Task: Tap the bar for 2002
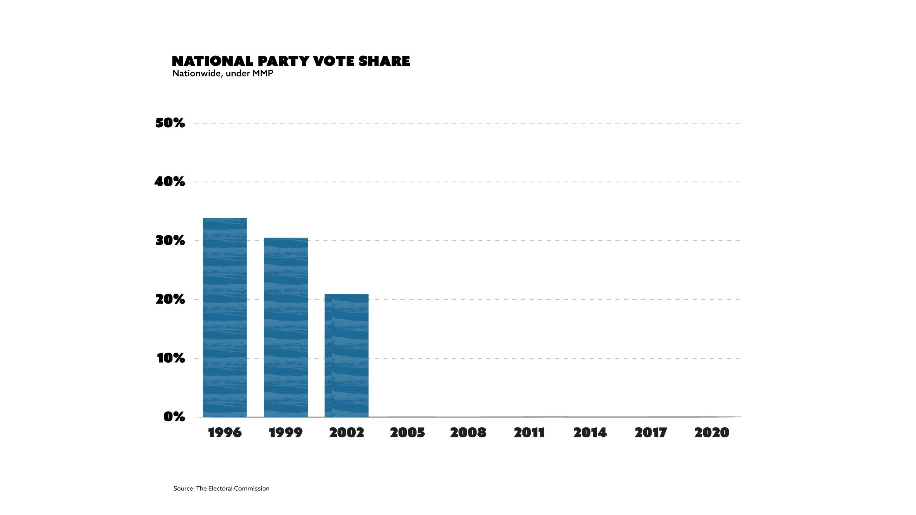tap(346, 355)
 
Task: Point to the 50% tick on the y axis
tap(170, 123)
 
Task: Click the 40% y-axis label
tap(170, 182)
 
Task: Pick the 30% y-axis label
tap(170, 241)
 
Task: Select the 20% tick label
tap(170, 299)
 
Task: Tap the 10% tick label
tap(171, 358)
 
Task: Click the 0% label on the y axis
tap(174, 417)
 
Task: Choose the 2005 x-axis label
tap(407, 433)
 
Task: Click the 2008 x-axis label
tap(468, 433)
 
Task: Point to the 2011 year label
tap(529, 433)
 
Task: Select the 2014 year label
tap(590, 433)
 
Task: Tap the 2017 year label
tap(651, 433)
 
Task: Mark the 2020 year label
tap(711, 433)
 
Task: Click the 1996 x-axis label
tap(225, 433)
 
